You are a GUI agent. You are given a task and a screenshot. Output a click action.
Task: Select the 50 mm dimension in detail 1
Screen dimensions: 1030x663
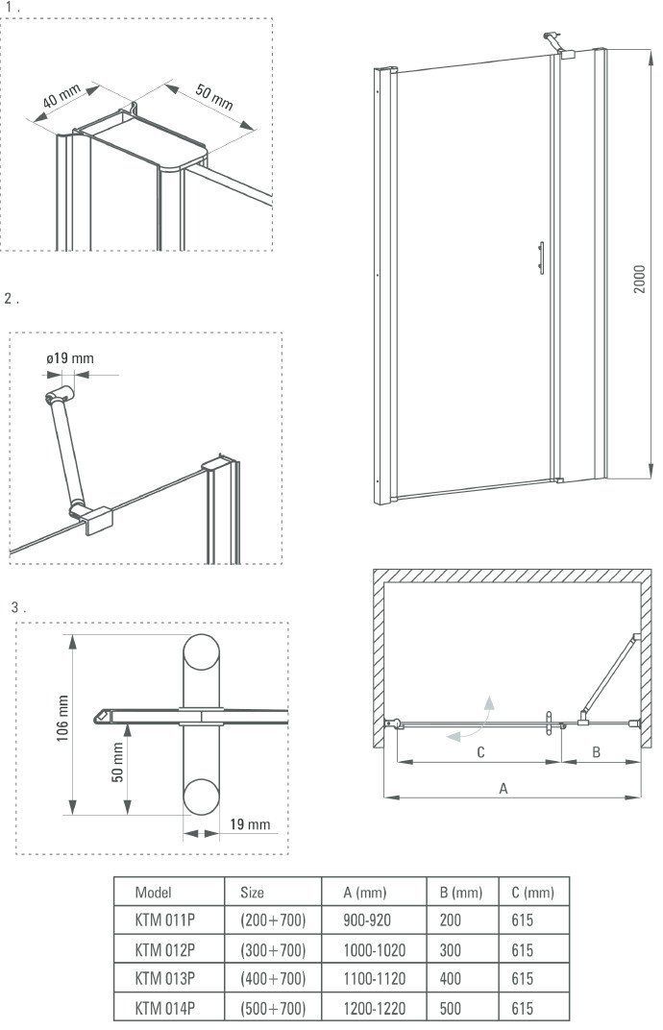click(214, 97)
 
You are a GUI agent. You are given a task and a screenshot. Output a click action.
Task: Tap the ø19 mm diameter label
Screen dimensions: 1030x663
click(70, 359)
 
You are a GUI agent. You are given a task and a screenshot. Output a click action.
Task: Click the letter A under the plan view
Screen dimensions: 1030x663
click(503, 788)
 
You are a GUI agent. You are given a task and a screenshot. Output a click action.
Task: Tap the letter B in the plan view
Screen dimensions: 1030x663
click(596, 752)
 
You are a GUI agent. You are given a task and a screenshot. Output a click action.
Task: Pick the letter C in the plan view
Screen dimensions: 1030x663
click(480, 752)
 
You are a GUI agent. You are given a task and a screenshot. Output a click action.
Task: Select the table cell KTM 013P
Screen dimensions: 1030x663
click(165, 979)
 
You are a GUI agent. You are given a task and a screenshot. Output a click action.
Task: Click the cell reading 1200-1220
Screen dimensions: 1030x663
click(375, 1009)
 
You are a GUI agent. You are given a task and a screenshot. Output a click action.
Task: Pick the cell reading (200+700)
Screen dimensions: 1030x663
click(273, 920)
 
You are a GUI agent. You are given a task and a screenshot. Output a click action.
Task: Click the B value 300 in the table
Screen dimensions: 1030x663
click(451, 950)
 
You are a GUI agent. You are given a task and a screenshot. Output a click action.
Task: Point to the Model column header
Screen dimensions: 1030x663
click(154, 893)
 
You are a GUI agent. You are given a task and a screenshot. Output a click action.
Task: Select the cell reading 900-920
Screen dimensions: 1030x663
click(367, 920)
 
